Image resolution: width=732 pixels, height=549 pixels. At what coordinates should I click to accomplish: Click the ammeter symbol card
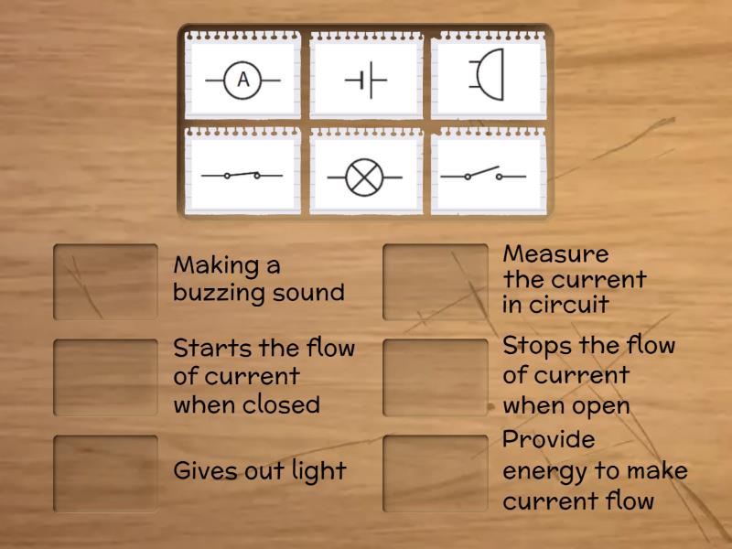[242, 80]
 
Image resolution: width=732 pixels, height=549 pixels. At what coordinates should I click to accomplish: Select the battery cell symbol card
[366, 80]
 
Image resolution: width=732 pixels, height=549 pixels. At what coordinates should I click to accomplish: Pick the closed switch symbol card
[242, 175]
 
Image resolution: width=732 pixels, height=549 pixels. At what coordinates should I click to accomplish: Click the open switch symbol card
[489, 174]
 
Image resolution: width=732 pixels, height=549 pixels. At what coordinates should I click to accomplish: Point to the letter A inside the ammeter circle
[242, 80]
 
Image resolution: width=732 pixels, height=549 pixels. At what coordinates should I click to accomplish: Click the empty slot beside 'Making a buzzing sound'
[105, 282]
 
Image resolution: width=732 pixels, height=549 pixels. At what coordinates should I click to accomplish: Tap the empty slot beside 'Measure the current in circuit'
[435, 282]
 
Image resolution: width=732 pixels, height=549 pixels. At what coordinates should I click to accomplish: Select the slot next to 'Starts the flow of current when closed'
[105, 378]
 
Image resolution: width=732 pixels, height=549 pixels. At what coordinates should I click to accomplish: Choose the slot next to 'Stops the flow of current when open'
[435, 378]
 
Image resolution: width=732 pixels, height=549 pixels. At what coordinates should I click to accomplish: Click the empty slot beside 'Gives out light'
[105, 473]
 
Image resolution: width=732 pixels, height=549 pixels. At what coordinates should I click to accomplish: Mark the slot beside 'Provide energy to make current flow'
[435, 473]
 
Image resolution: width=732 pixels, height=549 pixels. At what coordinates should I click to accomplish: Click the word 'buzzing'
[215, 294]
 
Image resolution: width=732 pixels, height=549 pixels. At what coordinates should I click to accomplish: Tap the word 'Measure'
[555, 253]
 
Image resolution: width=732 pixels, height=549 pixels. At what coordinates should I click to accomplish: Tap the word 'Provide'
[549, 440]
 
